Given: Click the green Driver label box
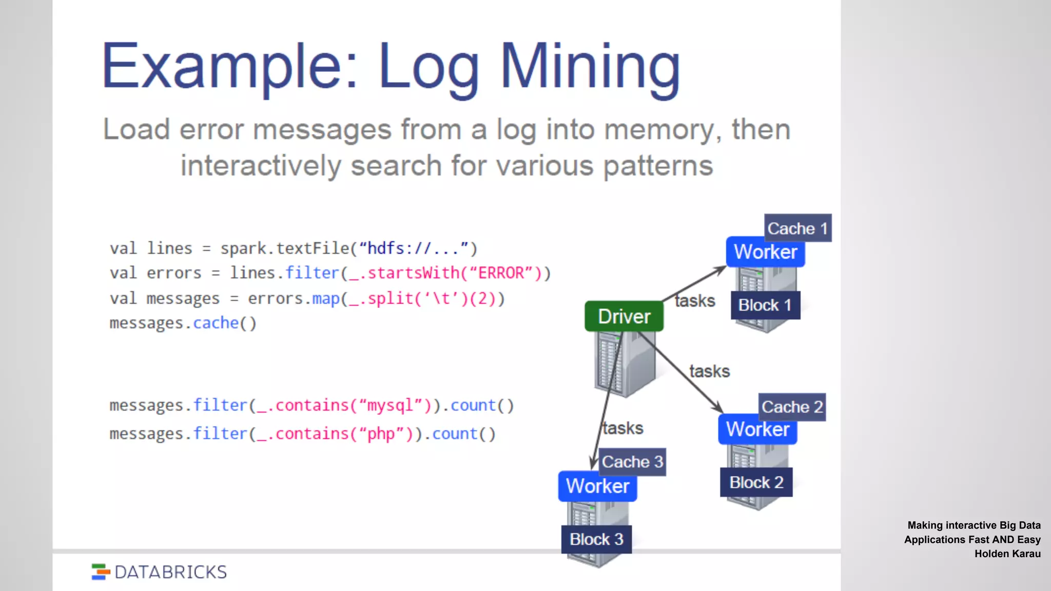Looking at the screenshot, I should point(624,317).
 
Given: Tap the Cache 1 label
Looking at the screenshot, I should point(797,228).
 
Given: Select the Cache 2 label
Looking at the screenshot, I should point(792,407).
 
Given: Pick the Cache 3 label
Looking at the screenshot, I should point(632,462).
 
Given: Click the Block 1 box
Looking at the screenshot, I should point(765,305).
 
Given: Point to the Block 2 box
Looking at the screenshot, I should point(756,482).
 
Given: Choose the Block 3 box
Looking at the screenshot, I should point(596,539).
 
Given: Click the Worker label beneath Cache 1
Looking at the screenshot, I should point(765,252).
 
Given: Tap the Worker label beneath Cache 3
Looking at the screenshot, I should point(597,486).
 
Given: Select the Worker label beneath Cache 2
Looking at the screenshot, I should point(757,429).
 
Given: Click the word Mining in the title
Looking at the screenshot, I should point(590,67).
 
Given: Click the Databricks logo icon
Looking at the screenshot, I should point(101,572).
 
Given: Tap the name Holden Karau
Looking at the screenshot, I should point(1007,554).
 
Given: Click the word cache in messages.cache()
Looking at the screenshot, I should point(216,323).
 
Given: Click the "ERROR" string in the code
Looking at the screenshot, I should point(501,273).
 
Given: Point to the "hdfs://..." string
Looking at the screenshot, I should point(414,248).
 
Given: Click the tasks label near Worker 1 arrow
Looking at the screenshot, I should point(694,301).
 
